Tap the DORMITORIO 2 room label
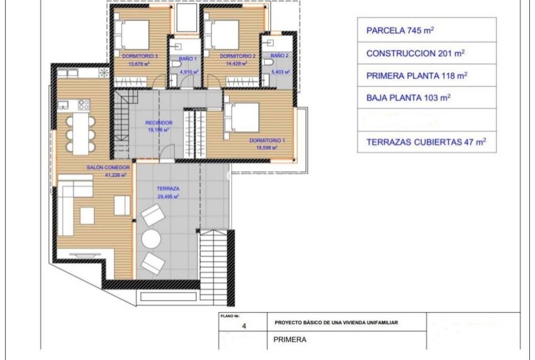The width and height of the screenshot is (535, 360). pos(237,56)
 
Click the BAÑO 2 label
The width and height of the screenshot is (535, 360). pos(279,56)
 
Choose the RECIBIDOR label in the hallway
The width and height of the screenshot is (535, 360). pos(158,123)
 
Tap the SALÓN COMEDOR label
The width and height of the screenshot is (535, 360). pos(108,168)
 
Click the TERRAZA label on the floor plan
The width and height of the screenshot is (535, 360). pos(168,189)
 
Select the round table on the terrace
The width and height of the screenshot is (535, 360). pos(151,239)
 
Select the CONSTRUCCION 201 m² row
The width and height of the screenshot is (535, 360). pos(426,53)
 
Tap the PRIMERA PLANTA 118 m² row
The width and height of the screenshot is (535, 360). pos(426,76)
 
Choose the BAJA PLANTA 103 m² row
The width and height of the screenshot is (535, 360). pos(426,98)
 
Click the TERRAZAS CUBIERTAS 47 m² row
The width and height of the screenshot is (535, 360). pos(426,142)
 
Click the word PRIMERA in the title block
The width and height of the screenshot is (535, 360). pos(290,340)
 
